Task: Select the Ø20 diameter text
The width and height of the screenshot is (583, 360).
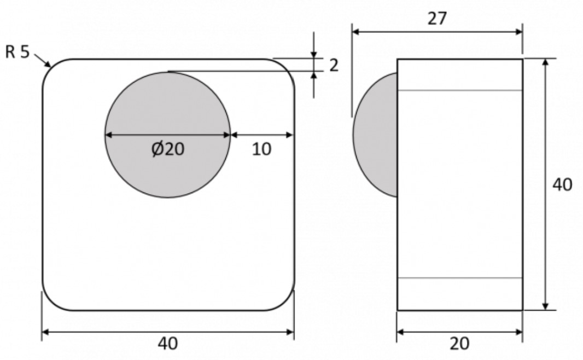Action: click(x=167, y=148)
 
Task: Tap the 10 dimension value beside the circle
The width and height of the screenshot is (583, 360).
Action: click(x=261, y=148)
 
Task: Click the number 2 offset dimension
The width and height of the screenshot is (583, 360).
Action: click(x=333, y=65)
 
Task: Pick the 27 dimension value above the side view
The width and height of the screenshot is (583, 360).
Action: click(x=436, y=18)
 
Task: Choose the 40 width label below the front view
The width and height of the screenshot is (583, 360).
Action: click(x=167, y=343)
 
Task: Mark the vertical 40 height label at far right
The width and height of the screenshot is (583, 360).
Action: click(x=562, y=184)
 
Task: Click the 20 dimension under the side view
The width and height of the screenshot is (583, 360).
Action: click(x=459, y=343)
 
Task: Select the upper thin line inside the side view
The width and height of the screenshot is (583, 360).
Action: click(x=459, y=90)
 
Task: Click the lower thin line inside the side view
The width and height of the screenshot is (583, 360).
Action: click(x=459, y=278)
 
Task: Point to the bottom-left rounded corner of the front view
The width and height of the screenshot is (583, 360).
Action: click(x=50, y=303)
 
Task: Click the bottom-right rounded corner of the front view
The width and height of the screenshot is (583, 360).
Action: click(x=287, y=303)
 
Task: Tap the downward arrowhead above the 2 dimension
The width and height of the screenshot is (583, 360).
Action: click(x=313, y=55)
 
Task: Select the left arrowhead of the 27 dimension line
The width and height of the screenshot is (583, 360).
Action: click(x=355, y=32)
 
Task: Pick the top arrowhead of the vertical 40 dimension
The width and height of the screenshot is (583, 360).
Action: click(x=545, y=62)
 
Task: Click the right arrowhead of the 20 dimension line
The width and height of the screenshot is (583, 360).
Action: click(x=519, y=332)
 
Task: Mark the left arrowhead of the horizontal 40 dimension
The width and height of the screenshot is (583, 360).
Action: click(x=46, y=332)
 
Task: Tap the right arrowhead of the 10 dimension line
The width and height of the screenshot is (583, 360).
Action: click(x=290, y=135)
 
